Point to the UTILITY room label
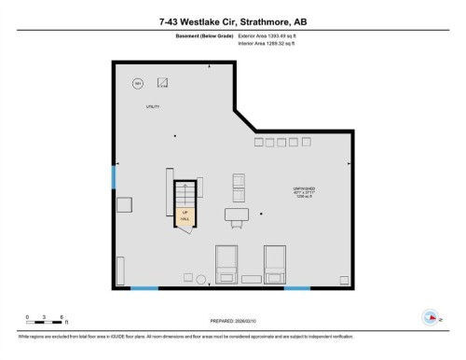[x=153, y=106]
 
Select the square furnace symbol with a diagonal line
[x=162, y=82]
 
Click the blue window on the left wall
[x=113, y=176]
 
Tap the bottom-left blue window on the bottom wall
[x=144, y=288]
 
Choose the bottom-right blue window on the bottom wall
[x=296, y=288]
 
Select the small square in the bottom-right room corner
[x=345, y=279]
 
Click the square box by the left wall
[x=124, y=206]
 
